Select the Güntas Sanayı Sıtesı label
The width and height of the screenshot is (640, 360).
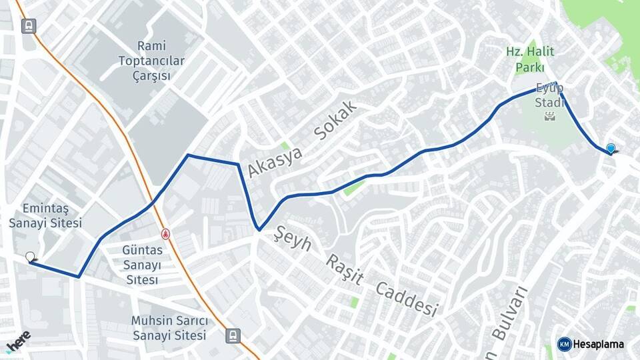[x=143, y=265]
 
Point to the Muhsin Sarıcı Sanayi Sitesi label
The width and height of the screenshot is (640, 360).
[x=169, y=328]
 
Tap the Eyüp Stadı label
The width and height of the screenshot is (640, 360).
[x=549, y=95]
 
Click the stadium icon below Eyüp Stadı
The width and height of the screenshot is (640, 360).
[x=550, y=117]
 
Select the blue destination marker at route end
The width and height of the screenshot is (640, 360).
[x=611, y=149]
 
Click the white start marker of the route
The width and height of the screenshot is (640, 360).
[x=30, y=257]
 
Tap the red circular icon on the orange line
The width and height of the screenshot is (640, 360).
[x=165, y=234]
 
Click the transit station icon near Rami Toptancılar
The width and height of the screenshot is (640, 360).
[x=28, y=26]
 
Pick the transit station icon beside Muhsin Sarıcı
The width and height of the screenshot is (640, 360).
[x=233, y=335]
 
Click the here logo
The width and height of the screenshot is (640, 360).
[x=18, y=340]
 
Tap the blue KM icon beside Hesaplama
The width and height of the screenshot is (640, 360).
[x=564, y=344]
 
